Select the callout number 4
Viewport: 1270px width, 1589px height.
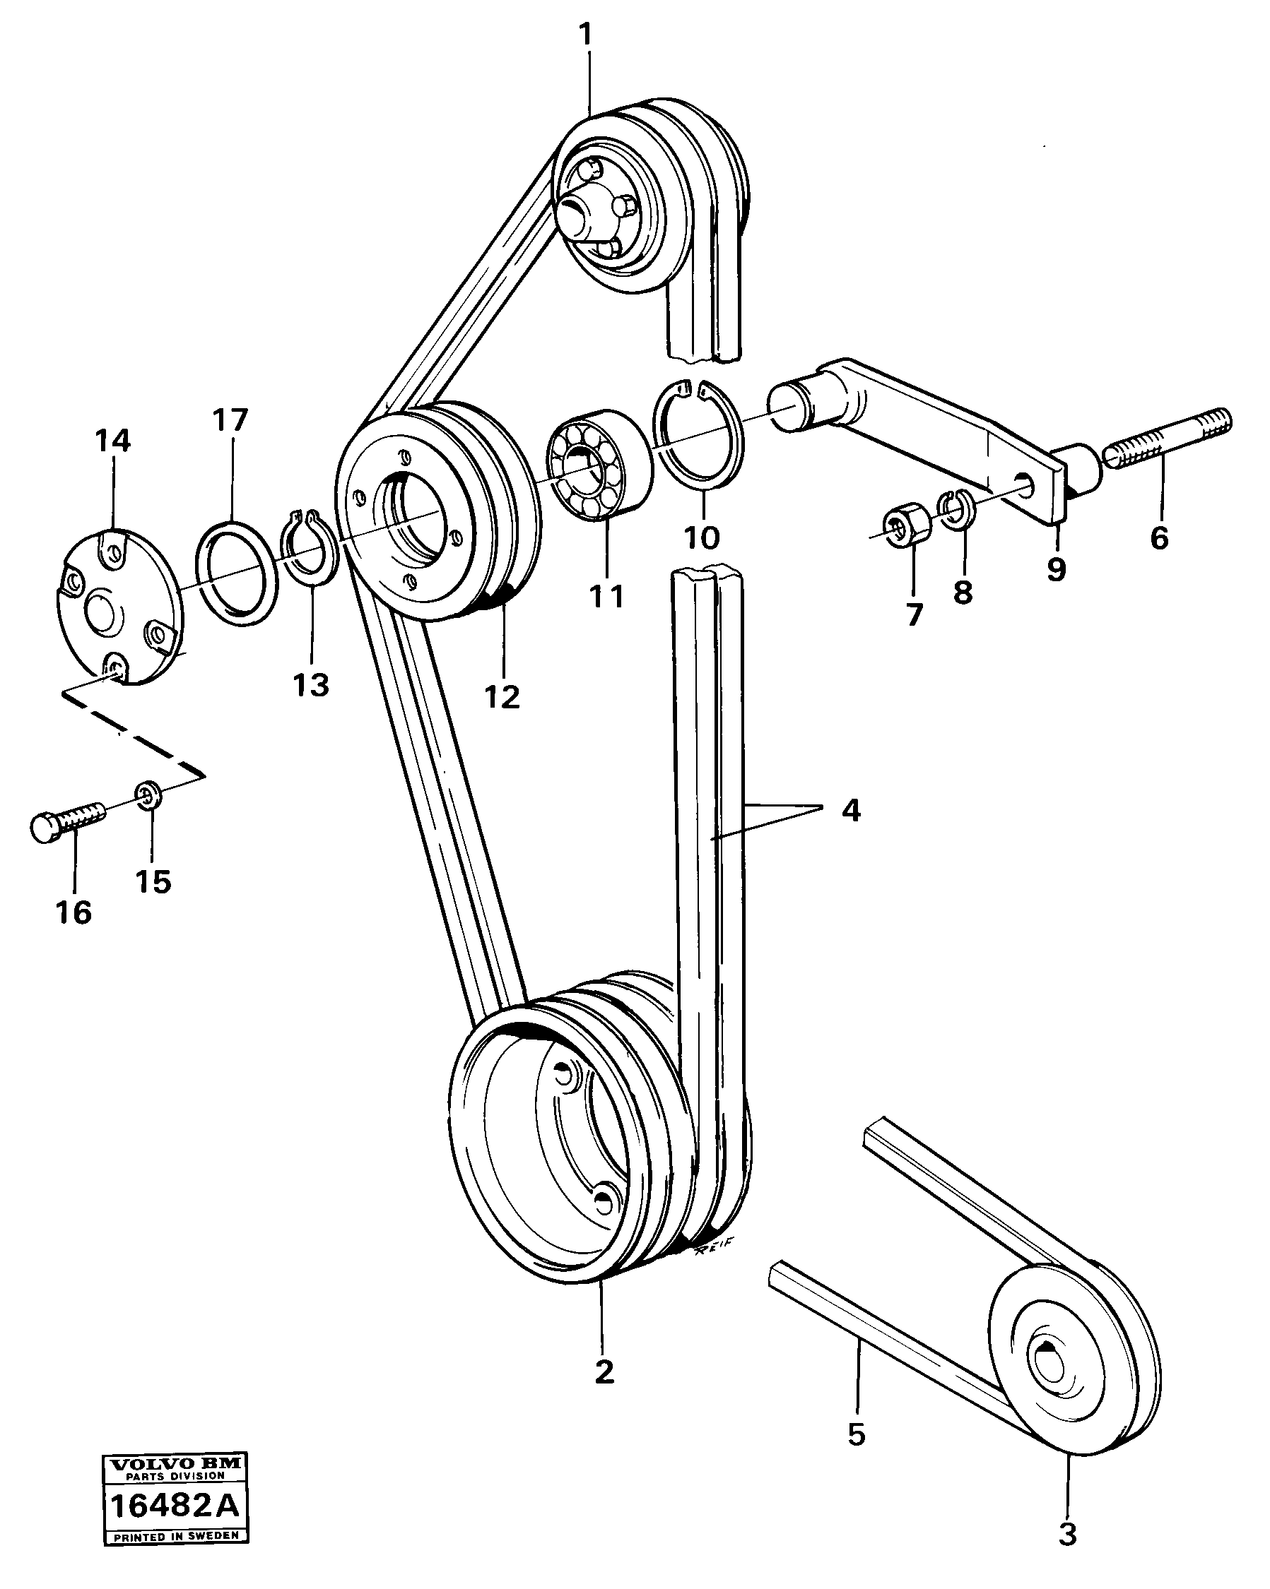tap(850, 811)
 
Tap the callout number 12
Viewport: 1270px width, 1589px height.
tap(502, 696)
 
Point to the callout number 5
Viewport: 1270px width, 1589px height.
tap(856, 1434)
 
